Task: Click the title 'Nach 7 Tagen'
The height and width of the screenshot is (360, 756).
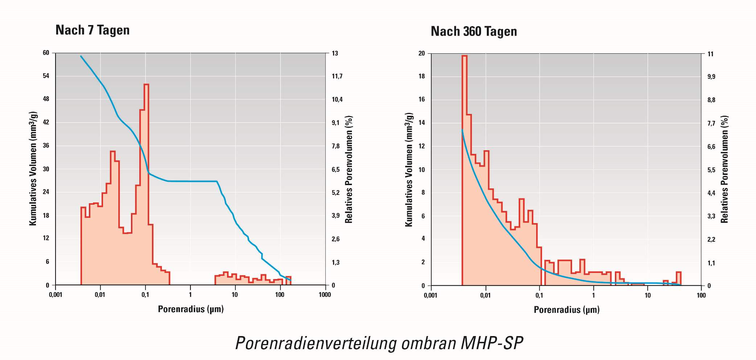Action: click(x=93, y=30)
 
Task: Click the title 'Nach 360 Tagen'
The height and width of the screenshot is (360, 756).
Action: click(x=473, y=32)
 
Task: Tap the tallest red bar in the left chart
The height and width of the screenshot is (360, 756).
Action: click(x=146, y=181)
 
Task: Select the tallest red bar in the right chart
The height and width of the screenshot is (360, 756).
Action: click(x=464, y=171)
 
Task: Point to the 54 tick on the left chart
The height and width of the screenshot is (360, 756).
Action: click(x=46, y=76)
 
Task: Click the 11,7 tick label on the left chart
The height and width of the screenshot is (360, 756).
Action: click(x=337, y=76)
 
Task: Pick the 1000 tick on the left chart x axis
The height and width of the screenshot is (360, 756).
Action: click(x=325, y=295)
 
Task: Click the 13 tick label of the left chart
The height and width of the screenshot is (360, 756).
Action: click(x=335, y=53)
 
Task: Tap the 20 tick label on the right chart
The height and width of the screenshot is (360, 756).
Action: click(x=422, y=53)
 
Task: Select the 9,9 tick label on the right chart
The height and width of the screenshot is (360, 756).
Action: click(x=711, y=77)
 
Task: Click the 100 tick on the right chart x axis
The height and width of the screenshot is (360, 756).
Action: click(x=701, y=295)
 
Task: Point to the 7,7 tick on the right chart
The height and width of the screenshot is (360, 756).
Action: click(x=711, y=123)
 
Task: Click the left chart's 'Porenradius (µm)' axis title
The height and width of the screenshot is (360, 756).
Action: click(x=191, y=309)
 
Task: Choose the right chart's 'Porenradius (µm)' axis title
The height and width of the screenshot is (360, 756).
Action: click(x=567, y=310)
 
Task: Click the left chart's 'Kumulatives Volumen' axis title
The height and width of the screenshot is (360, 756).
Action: click(x=33, y=169)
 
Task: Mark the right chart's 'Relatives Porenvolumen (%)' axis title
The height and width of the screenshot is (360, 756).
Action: click(x=724, y=169)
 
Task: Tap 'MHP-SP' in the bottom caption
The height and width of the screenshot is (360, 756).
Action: click(x=492, y=343)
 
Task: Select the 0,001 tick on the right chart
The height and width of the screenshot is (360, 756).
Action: click(x=431, y=295)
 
